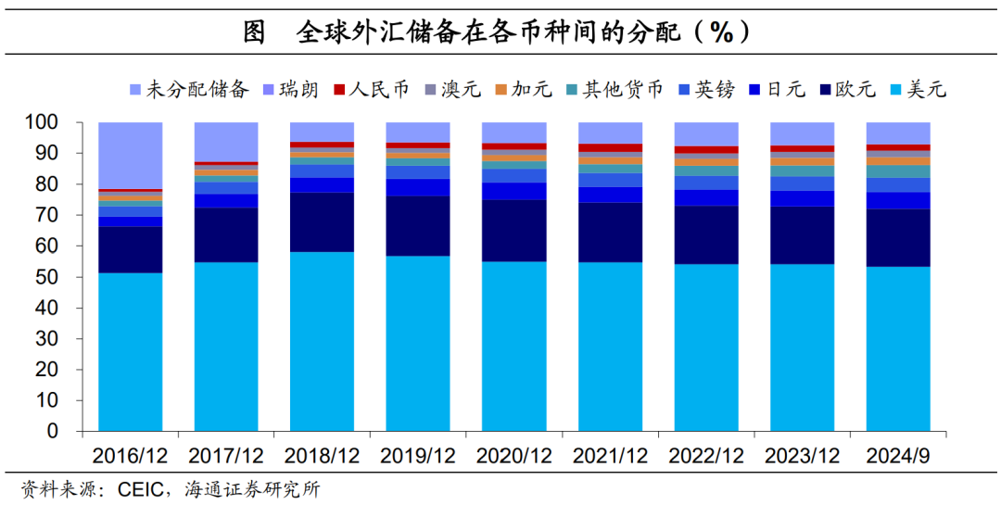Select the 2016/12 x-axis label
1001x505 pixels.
pyautogui.click(x=130, y=456)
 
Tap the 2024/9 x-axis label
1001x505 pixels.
pyautogui.click(x=897, y=456)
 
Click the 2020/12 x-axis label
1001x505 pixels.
pyautogui.click(x=513, y=456)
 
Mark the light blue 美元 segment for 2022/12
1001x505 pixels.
pyautogui.click(x=705, y=347)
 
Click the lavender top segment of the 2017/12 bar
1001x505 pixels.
pyautogui.click(x=226, y=142)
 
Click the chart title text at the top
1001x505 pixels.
pyautogui.click(x=500, y=32)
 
